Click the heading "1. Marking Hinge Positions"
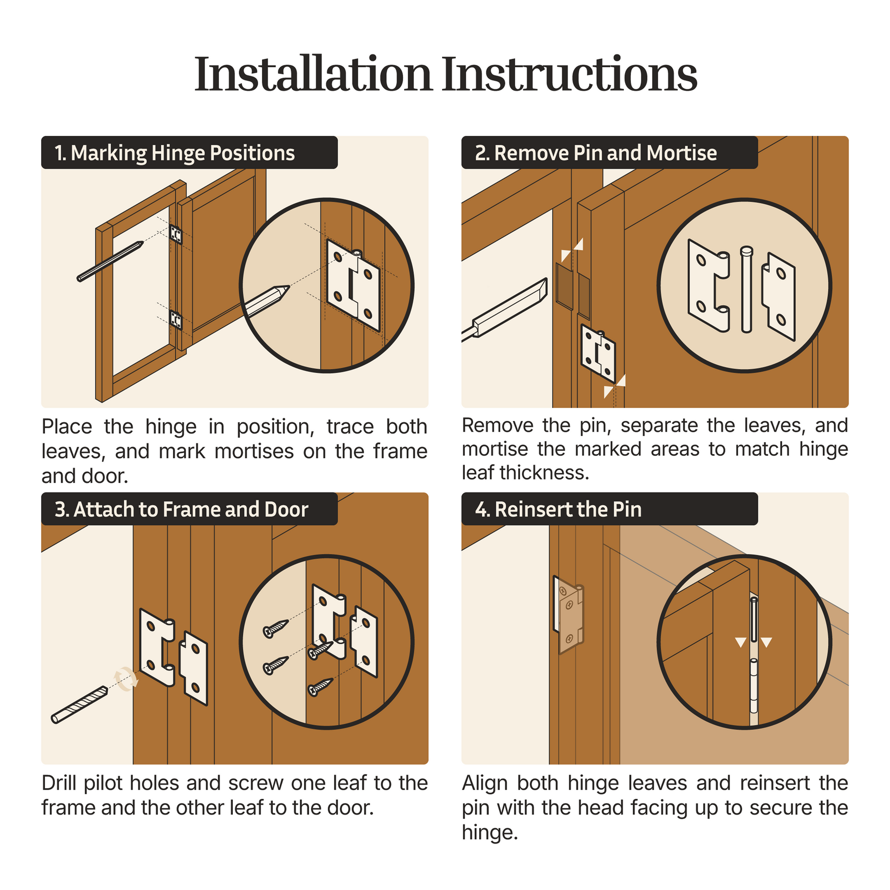tap(175, 153)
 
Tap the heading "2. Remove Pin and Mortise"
tap(595, 153)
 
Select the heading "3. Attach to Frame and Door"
tap(181, 509)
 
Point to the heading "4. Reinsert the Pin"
tap(558, 509)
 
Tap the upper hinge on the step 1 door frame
tap(176, 234)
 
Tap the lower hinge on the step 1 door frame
tap(176, 319)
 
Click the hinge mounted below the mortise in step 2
tap(598, 354)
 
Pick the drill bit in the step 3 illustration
tap(80, 705)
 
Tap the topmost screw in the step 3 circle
tap(276, 628)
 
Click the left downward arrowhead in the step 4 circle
tap(741, 642)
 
